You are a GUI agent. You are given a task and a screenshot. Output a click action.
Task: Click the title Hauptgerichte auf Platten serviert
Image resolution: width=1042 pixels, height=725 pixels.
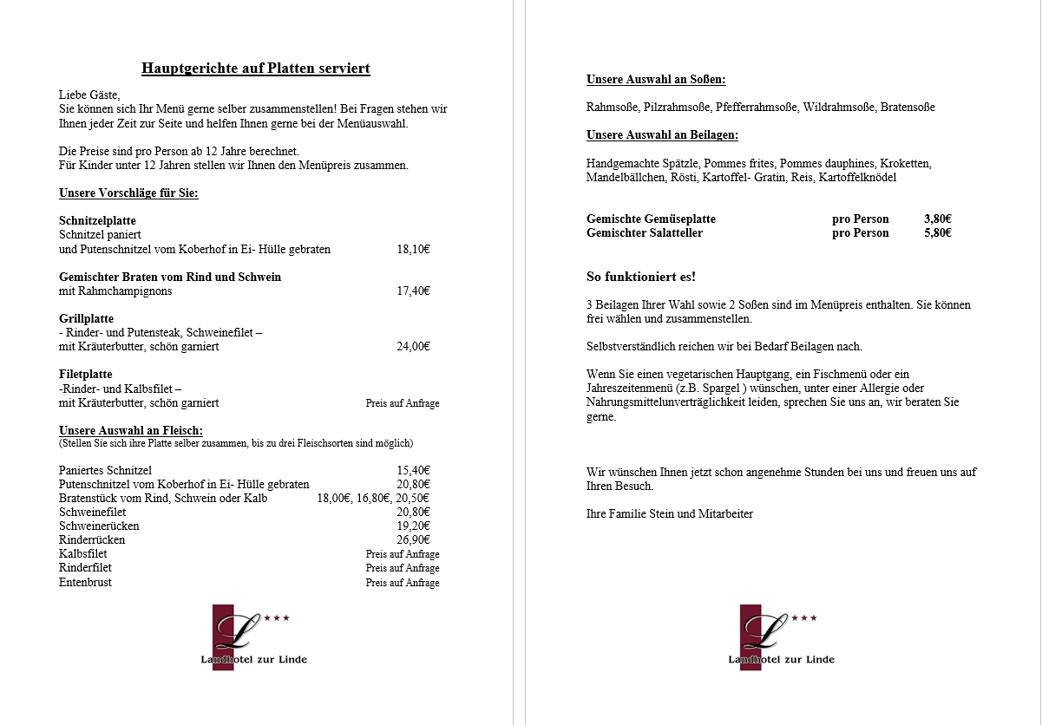click(256, 69)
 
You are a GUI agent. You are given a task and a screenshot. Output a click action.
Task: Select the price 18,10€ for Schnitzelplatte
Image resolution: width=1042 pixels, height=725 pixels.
click(413, 249)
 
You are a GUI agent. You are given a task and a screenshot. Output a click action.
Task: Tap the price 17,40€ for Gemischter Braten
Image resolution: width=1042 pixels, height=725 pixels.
click(413, 291)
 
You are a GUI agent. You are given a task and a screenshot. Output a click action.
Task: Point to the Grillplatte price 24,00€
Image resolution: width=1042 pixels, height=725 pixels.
click(413, 346)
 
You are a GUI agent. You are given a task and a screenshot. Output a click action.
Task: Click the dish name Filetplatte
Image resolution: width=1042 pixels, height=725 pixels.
click(86, 375)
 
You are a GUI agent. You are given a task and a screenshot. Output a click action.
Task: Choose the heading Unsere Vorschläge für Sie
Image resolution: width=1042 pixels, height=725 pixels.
click(128, 193)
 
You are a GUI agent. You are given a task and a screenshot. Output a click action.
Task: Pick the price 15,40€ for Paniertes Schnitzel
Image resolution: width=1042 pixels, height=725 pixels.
click(413, 470)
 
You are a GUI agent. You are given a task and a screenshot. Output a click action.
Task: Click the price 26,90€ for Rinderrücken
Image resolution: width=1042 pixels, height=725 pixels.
click(413, 539)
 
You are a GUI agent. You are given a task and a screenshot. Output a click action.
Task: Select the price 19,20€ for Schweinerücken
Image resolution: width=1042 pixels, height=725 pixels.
click(413, 526)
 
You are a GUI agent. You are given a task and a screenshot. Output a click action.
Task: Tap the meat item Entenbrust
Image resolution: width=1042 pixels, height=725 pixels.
click(85, 582)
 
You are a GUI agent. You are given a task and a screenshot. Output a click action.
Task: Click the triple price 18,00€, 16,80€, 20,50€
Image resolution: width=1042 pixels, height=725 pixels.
click(373, 498)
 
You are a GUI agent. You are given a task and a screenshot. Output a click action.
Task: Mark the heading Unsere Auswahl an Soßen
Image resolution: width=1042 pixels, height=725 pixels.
click(656, 80)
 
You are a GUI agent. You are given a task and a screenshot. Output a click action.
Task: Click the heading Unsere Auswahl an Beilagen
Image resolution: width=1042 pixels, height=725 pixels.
click(662, 135)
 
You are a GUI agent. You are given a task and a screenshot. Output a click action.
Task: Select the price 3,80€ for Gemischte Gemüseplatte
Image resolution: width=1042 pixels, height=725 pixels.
click(938, 219)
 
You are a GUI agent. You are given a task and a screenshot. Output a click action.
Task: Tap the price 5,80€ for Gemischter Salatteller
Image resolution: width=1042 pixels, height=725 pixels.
click(938, 232)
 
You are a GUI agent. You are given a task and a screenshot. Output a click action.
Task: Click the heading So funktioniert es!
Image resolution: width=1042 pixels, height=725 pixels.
click(641, 277)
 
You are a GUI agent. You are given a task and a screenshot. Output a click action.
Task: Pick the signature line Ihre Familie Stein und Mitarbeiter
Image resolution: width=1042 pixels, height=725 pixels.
click(670, 513)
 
